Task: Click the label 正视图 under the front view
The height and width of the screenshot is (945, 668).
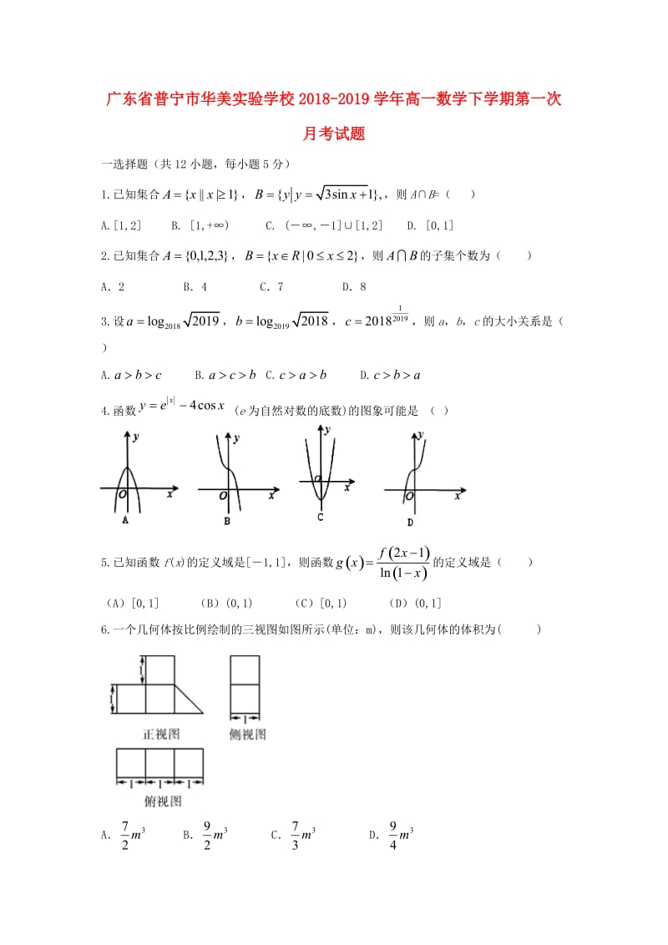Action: pyautogui.click(x=161, y=735)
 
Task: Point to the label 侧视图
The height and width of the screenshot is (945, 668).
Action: pyautogui.click(x=248, y=735)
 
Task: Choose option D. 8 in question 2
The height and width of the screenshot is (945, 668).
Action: pyautogui.click(x=354, y=286)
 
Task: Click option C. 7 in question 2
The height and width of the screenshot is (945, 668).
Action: pyautogui.click(x=271, y=286)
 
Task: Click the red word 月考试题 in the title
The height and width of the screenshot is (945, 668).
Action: pyautogui.click(x=333, y=134)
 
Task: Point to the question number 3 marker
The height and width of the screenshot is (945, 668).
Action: pyautogui.click(x=104, y=321)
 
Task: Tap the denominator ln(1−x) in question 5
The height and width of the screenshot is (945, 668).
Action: pyautogui.click(x=404, y=574)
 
